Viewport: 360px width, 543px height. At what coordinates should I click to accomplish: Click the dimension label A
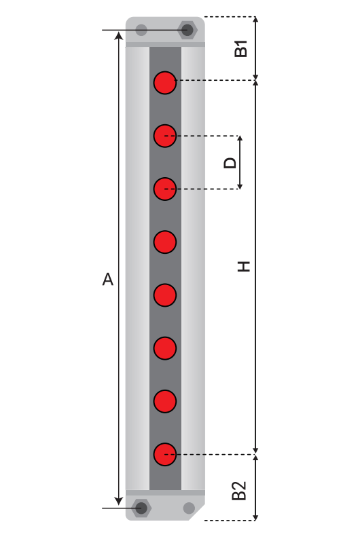tap(108, 279)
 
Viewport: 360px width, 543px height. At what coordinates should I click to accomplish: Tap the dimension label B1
tap(241, 48)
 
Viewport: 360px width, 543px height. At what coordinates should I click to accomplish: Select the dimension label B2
tap(239, 491)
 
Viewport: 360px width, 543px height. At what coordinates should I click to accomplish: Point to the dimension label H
tap(244, 266)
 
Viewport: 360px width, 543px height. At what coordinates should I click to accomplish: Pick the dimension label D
tap(230, 163)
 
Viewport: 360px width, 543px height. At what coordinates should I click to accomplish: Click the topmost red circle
tap(165, 83)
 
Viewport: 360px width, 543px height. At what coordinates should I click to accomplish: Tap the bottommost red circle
tap(165, 454)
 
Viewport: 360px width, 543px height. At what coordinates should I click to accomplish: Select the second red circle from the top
tap(165, 136)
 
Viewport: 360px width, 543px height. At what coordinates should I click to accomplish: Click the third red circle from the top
tap(165, 189)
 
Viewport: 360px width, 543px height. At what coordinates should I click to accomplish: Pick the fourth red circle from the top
tap(165, 242)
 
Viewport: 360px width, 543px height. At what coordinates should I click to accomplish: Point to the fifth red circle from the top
tap(165, 295)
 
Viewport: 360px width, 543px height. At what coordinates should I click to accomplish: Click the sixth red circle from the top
tap(165, 348)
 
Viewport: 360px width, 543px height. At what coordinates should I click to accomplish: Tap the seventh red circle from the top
tap(165, 401)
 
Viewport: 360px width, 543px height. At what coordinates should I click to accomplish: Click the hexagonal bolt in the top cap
tap(187, 30)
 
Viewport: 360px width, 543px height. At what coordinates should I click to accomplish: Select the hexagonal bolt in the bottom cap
tap(141, 508)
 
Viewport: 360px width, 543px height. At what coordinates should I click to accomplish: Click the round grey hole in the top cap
tap(141, 30)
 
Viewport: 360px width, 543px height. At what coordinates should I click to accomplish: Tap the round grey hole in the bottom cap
tap(189, 508)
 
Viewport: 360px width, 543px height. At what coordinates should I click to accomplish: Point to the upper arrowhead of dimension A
tap(119, 35)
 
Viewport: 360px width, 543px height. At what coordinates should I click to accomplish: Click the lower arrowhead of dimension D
tap(240, 186)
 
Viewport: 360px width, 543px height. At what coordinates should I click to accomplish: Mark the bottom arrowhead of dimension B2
tap(255, 517)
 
